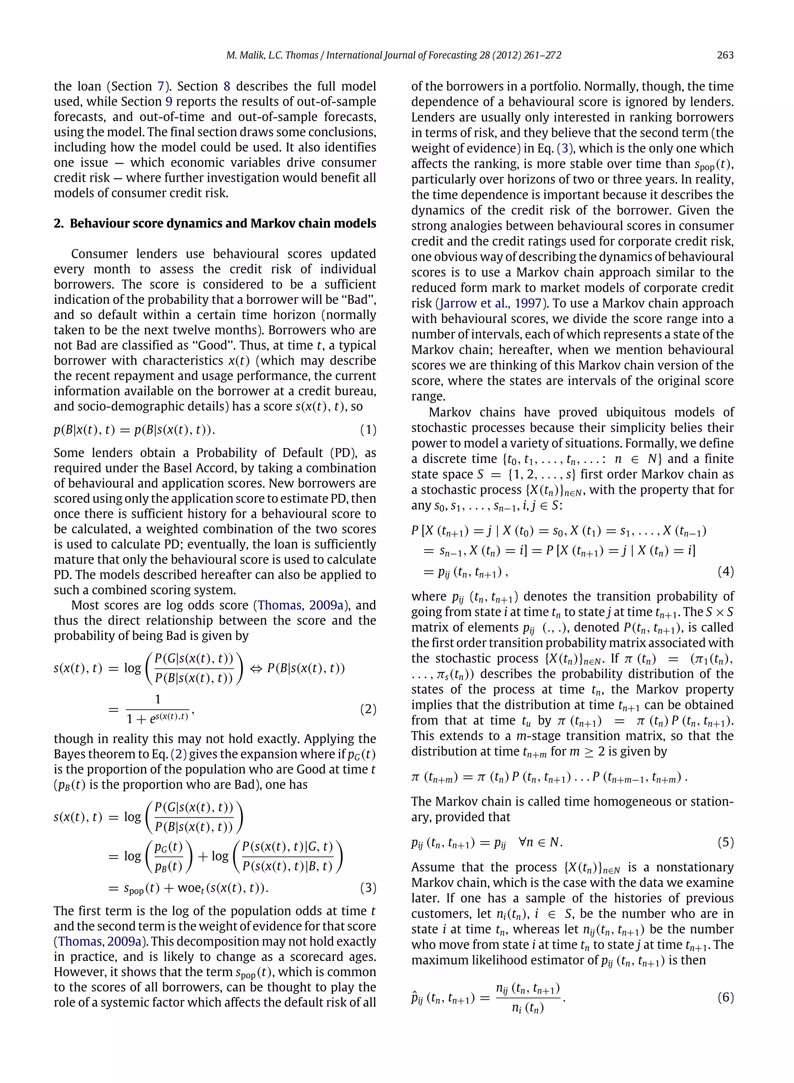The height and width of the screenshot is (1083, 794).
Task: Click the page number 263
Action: click(x=725, y=55)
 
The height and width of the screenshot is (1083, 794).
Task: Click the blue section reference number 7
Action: click(x=161, y=86)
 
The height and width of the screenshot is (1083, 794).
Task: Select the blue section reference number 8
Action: click(x=227, y=86)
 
